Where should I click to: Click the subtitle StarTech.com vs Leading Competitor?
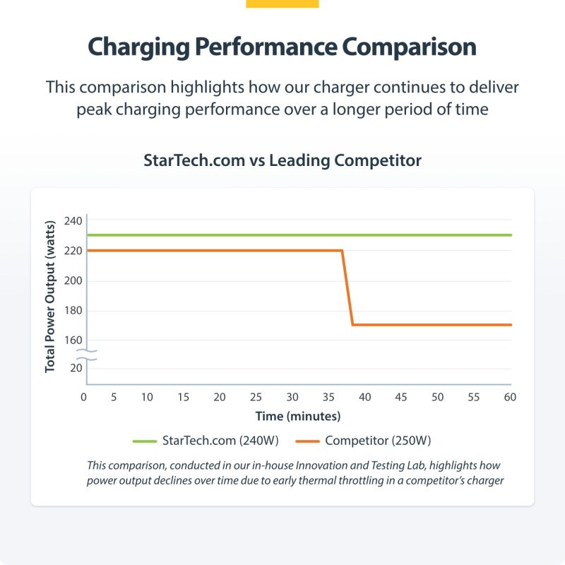coord(282,160)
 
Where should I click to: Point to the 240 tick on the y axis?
coord(73,221)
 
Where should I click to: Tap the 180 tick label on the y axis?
coord(73,311)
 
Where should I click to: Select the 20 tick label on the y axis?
coord(76,368)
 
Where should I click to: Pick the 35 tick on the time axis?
coord(328,398)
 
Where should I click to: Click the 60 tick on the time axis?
coord(509,398)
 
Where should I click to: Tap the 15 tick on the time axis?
coord(183,398)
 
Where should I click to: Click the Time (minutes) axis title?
coord(298,416)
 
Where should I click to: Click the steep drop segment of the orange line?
coord(347,287)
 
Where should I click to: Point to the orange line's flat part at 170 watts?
coord(431,325)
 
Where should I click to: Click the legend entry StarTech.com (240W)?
coord(220,441)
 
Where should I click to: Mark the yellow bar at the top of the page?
coord(282,4)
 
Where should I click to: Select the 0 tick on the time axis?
coord(83,398)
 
